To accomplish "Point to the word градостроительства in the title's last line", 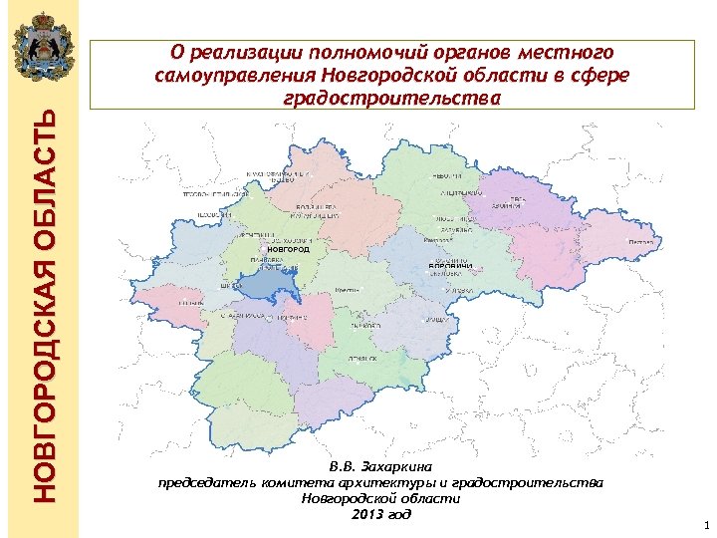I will pos(392,98).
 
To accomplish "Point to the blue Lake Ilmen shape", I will pos(268,286).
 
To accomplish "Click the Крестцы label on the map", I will pos(348,288).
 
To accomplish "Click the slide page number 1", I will pos(704,524).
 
